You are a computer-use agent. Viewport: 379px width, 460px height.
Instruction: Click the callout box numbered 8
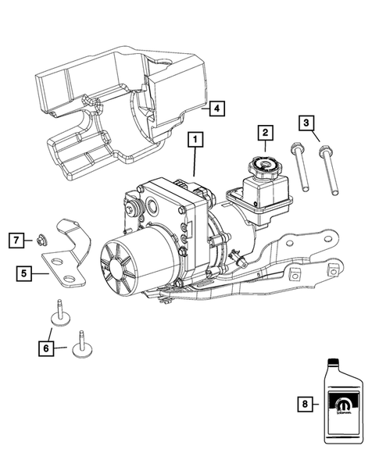[306, 405]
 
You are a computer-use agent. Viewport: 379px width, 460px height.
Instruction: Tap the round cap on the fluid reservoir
[260, 166]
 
